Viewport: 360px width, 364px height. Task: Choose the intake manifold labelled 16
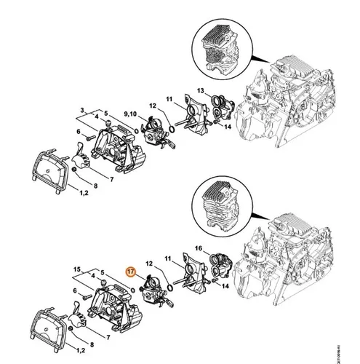217,267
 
